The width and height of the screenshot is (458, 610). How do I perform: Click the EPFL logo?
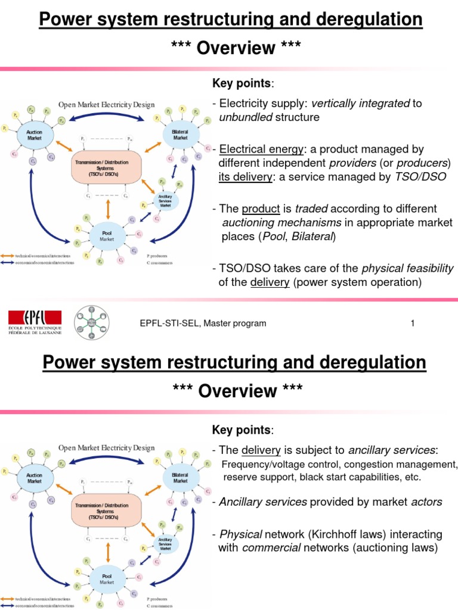(35, 322)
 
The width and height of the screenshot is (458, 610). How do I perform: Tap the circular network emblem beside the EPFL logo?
(92, 322)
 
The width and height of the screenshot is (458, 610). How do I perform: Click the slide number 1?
(412, 323)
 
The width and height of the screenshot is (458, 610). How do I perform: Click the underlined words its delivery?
(245, 177)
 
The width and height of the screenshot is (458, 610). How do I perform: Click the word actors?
(426, 502)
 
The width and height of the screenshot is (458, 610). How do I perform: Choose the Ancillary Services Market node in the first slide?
(165, 200)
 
